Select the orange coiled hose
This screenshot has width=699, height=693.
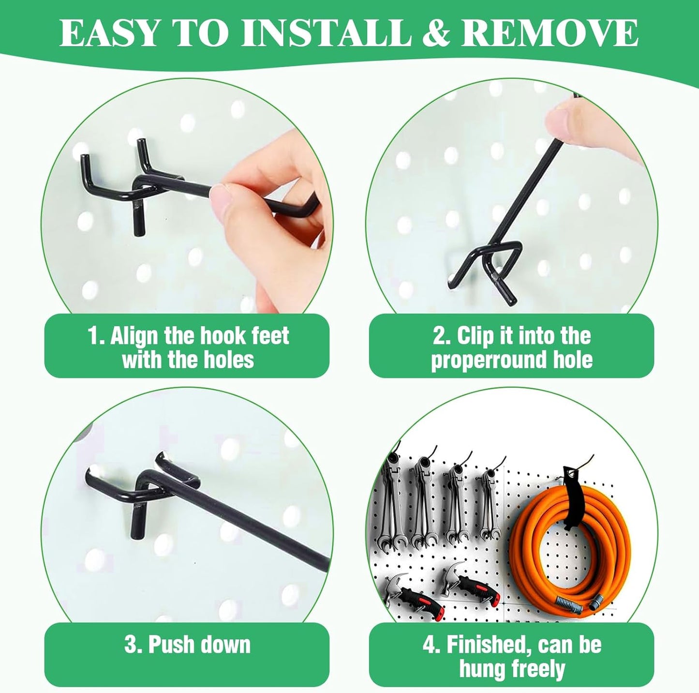tap(571, 542)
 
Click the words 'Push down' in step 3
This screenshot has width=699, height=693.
tap(199, 645)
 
